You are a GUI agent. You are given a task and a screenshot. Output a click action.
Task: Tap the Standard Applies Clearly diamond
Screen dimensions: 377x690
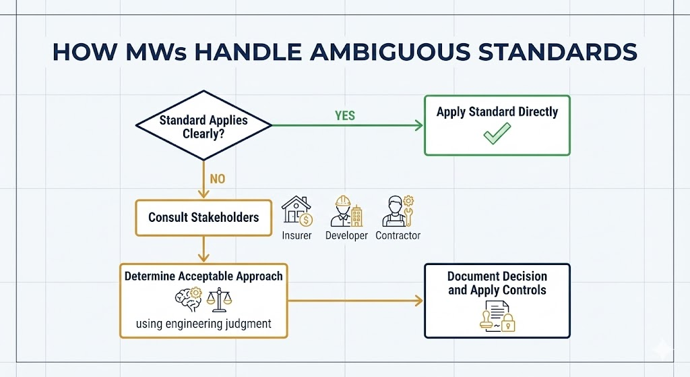pyautogui.click(x=203, y=125)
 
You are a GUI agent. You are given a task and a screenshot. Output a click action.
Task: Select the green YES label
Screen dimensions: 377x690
pyautogui.click(x=344, y=115)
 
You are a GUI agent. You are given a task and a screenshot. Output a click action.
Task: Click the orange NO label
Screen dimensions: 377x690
pyautogui.click(x=217, y=179)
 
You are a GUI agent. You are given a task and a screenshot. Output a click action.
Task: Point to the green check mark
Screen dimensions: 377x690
pyautogui.click(x=497, y=135)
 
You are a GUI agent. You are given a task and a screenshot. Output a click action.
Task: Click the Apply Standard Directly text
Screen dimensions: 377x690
pyautogui.click(x=497, y=112)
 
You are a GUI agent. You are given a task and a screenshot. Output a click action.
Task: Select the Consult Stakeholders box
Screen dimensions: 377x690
pyautogui.click(x=203, y=218)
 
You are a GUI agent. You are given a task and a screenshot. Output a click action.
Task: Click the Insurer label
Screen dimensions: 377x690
pyautogui.click(x=296, y=235)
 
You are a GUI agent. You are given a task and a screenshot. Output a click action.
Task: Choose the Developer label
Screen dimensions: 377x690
pyautogui.click(x=346, y=235)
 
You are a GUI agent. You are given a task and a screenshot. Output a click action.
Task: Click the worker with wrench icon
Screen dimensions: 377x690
pyautogui.click(x=397, y=211)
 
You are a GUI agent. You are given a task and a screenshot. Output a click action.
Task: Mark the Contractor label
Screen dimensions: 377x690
pyautogui.click(x=398, y=235)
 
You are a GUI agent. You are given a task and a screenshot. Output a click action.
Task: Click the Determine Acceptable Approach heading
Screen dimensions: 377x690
pyautogui.click(x=203, y=276)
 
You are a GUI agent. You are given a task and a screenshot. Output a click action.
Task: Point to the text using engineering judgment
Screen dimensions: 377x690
pyautogui.click(x=203, y=324)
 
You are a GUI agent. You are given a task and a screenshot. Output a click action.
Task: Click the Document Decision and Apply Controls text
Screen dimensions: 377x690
pyautogui.click(x=497, y=283)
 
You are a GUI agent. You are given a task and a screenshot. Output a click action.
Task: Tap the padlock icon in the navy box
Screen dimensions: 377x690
pyautogui.click(x=509, y=323)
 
